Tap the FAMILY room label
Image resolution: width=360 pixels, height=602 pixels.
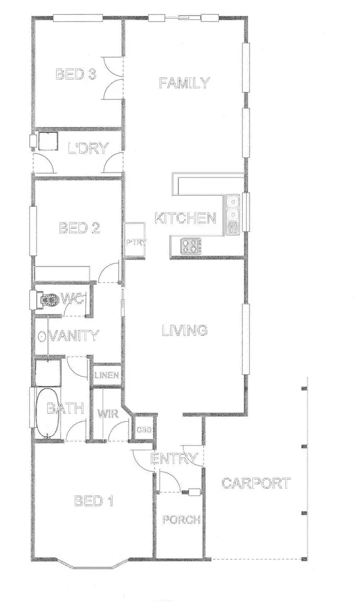[185, 83]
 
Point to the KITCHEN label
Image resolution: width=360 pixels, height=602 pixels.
[185, 218]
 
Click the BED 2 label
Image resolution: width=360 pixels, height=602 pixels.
[79, 228]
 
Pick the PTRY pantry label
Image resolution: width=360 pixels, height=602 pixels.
[135, 242]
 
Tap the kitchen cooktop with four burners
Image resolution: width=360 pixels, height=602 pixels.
[191, 247]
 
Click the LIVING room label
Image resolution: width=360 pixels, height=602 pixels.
[184, 330]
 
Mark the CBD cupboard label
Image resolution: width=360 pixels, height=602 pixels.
[144, 430]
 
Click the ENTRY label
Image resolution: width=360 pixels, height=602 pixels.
[174, 459]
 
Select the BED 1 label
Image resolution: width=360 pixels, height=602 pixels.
[94, 502]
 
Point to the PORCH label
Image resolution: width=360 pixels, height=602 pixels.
[180, 520]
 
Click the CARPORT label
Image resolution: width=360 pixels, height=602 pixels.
[256, 483]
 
